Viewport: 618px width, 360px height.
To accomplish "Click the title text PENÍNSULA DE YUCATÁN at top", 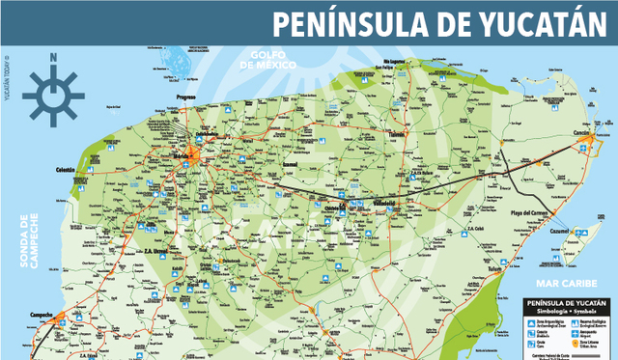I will point(442,23).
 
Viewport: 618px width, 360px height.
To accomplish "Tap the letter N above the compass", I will point(54,57).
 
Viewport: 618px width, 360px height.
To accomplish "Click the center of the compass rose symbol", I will point(54,94).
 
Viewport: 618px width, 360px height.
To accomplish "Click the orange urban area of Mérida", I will point(196,153).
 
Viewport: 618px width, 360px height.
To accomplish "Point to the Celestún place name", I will point(66,170).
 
